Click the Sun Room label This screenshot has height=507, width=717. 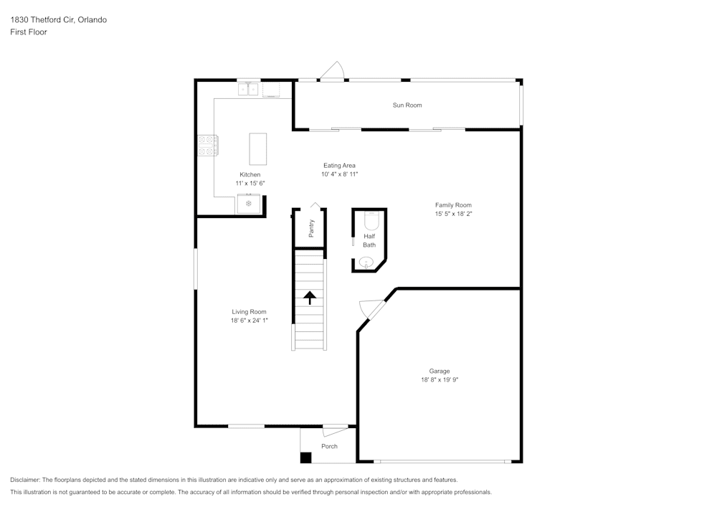pyautogui.click(x=407, y=105)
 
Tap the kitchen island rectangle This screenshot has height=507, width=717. pyautogui.click(x=257, y=149)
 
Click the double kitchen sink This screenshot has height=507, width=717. pyautogui.click(x=249, y=90)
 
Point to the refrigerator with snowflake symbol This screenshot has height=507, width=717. pyautogui.click(x=249, y=204)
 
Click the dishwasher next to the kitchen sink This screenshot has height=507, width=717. pyautogui.click(x=272, y=90)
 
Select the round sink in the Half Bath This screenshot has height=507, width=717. pyautogui.click(x=366, y=263)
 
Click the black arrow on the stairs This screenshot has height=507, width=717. pyautogui.click(x=310, y=298)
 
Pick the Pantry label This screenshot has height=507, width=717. pyautogui.click(x=311, y=228)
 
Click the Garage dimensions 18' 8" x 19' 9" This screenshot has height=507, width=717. pyautogui.click(x=440, y=380)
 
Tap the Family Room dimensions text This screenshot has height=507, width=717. pyautogui.click(x=453, y=214)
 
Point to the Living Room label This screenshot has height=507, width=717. pyautogui.click(x=249, y=312)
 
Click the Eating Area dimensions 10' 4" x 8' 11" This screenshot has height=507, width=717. pyautogui.click(x=339, y=174)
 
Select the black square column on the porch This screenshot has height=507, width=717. pyautogui.click(x=306, y=457)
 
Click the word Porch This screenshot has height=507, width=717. pyautogui.click(x=329, y=446)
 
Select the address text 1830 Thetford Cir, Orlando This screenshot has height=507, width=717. pyautogui.click(x=58, y=20)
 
